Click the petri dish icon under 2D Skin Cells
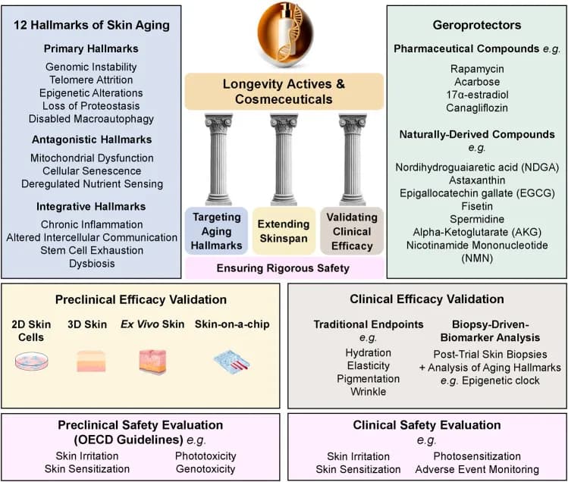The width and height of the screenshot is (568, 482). pos(32,361)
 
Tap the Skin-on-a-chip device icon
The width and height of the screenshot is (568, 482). pos(231,361)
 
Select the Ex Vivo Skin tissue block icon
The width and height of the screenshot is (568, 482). pos(152,361)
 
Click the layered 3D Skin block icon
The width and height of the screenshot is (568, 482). pos(91,361)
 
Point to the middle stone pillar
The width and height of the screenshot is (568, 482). pos(284,159)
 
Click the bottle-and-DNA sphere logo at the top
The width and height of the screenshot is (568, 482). pos(285,34)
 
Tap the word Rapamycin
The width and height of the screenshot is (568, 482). pos(477,69)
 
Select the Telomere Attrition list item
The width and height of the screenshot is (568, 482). pos(91,80)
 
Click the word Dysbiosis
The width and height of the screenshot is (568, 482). pos(92,263)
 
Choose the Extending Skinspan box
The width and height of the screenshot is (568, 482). pos(284,231)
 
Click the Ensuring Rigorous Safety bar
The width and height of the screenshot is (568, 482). pos(284,268)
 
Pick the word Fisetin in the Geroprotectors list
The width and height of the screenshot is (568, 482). pos(477,206)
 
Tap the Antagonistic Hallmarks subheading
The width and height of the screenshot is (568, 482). pos(92,139)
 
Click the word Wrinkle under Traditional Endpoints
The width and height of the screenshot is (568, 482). pos(368,392)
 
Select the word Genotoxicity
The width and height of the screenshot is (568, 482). pos(206,469)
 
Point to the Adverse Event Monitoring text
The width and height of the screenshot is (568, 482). pos(477,469)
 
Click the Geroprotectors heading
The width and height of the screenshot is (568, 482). pos(477,25)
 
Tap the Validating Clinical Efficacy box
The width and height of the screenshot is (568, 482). pos(352,231)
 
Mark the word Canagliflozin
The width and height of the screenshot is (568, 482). pos(477,108)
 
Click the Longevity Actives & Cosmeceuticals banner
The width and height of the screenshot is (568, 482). pos(284,92)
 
